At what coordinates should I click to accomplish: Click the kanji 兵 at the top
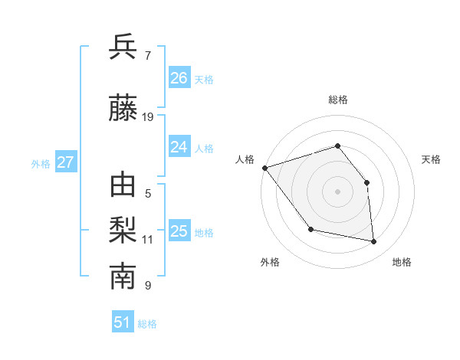123,47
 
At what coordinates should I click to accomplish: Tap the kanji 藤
123,108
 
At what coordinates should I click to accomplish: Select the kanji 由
123,186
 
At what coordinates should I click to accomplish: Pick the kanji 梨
123,231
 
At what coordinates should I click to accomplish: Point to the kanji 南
123,277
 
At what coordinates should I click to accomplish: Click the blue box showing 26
179,77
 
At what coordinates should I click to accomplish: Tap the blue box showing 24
179,146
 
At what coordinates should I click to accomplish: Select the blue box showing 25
179,231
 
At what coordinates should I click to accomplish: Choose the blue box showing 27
65,162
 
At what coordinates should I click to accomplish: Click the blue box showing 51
123,322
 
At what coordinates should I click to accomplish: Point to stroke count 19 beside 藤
148,117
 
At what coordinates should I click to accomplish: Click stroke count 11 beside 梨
148,240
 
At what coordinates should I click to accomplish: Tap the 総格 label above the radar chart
337,100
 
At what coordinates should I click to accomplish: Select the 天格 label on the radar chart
431,159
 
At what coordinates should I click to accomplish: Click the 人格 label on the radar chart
245,159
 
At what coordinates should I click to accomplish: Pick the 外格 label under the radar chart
270,263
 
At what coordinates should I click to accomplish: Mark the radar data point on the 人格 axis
264,168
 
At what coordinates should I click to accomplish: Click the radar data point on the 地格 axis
374,242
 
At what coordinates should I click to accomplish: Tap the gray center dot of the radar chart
337,191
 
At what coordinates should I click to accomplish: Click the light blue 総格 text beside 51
148,324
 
